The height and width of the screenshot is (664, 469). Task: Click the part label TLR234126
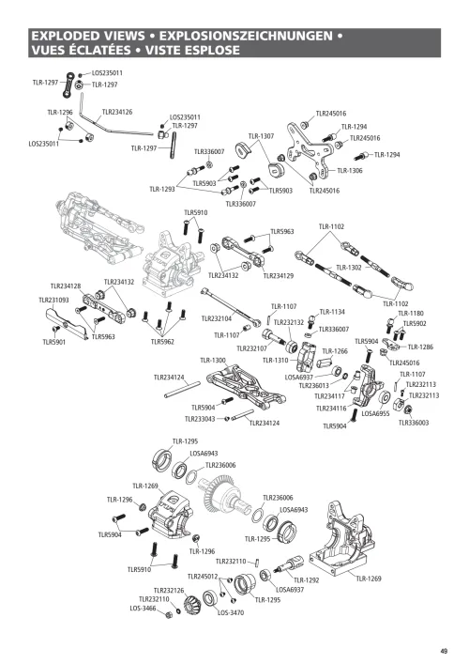point(116,112)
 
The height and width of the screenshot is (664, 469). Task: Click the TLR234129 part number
point(278,275)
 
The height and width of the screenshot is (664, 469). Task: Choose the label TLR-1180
point(410,313)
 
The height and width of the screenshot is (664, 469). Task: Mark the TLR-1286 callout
point(419,347)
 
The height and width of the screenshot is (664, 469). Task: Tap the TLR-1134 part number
point(332,311)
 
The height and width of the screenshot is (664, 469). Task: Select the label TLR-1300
point(213,360)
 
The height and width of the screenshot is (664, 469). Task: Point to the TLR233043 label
point(200,419)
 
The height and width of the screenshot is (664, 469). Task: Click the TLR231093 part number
point(54,299)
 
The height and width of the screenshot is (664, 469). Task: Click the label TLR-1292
point(306,580)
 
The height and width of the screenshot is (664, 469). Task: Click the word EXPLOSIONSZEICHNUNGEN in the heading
point(253,35)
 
